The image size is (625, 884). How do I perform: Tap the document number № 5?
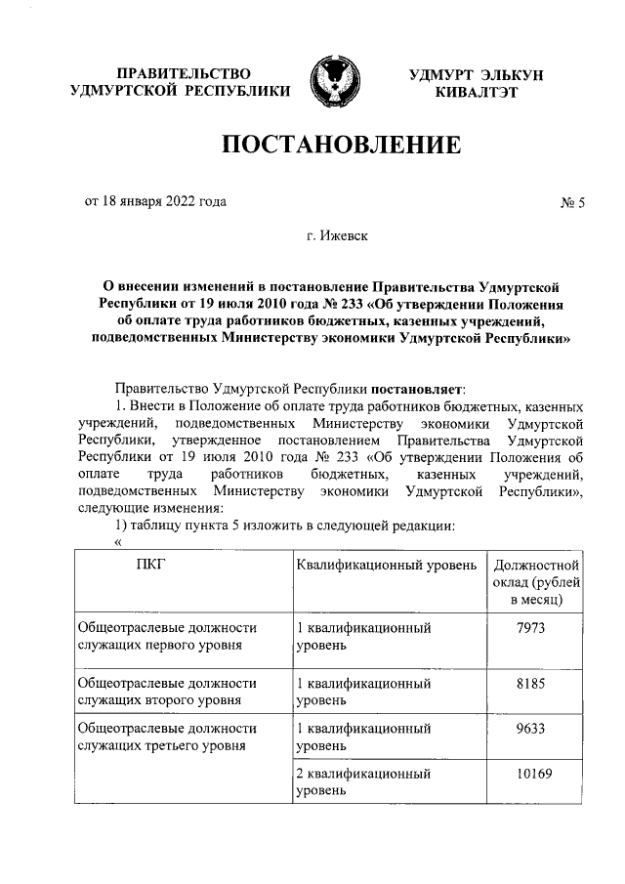coord(571,203)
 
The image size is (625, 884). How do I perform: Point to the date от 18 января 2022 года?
coord(155,201)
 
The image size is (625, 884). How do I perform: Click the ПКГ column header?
coord(151,565)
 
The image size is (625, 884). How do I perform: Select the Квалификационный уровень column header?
coord(386,565)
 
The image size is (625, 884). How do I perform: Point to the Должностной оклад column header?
coord(537,581)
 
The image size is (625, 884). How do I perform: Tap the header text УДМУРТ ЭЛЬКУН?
coord(478,75)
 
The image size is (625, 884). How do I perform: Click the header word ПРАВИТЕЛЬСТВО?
coord(184,75)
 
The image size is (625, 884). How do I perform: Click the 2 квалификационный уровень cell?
coord(363,782)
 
